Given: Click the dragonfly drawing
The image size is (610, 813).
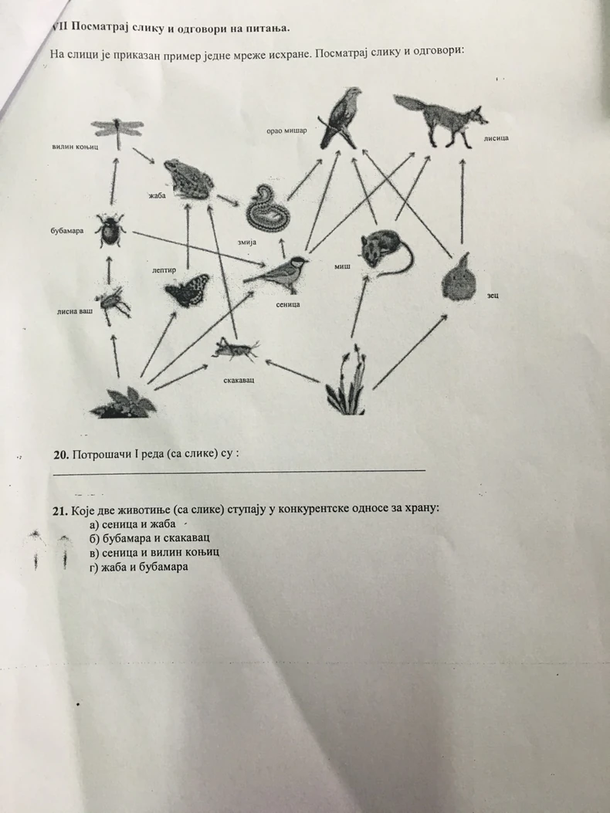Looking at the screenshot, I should [116, 132].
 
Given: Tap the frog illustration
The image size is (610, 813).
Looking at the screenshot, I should [186, 178].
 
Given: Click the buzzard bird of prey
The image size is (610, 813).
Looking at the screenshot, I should [342, 117].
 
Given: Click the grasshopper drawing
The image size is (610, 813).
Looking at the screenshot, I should [235, 350].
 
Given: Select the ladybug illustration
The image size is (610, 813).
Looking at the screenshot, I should [110, 230].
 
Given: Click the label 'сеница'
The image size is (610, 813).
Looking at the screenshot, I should [287, 304].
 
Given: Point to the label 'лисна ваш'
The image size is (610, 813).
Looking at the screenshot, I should [74, 312].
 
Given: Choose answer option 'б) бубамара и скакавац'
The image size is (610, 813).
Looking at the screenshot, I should [150, 538].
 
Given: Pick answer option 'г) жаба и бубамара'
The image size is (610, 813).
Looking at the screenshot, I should [139, 567].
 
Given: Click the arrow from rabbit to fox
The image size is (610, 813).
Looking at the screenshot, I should [462, 201].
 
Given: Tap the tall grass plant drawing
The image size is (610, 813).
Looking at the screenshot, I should [346, 384].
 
